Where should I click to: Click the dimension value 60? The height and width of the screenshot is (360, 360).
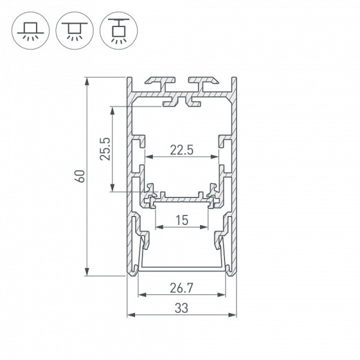pyautogui.click(x=80, y=175)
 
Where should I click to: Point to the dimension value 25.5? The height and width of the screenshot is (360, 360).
pyautogui.click(x=105, y=148)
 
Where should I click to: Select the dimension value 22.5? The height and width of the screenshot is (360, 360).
pyautogui.click(x=183, y=148)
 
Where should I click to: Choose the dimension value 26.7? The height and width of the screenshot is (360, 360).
pyautogui.click(x=182, y=287)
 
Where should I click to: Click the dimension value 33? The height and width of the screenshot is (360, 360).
pyautogui.click(x=182, y=307)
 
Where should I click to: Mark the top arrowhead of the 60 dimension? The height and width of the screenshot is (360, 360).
pyautogui.click(x=88, y=80)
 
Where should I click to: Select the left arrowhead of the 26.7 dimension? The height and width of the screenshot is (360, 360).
pyautogui.click(x=141, y=294)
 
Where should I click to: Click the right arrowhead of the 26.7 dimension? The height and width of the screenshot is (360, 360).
pyautogui.click(x=224, y=294)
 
